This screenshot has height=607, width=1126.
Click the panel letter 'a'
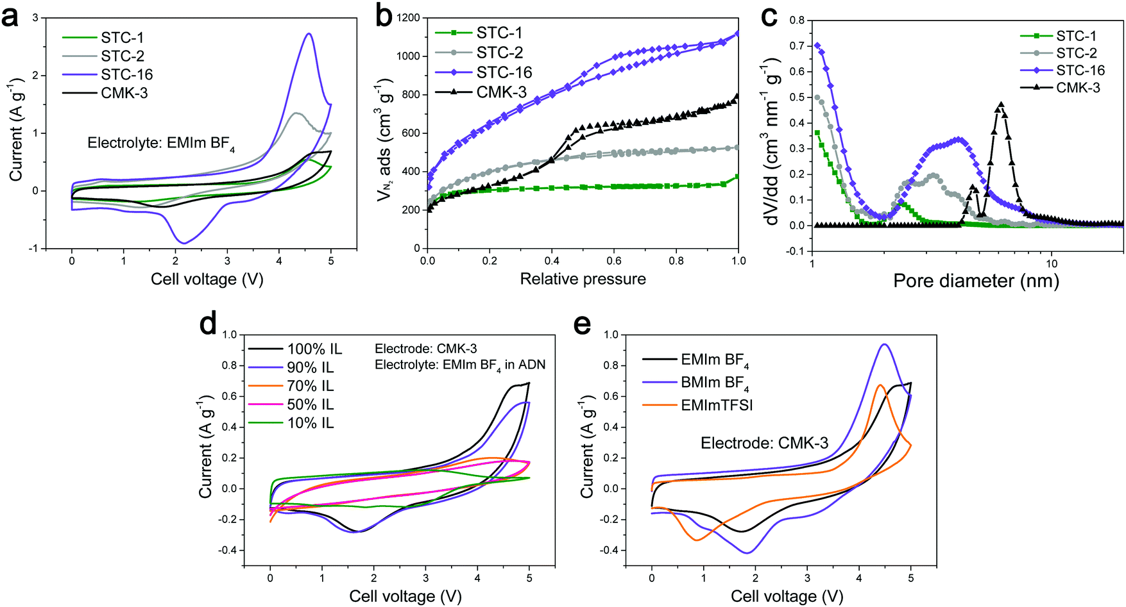click(11, 17)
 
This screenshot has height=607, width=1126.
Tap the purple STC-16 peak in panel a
click(309, 34)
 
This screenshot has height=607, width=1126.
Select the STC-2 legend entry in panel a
click(122, 56)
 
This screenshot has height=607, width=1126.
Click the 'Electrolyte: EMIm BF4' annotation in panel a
click(161, 144)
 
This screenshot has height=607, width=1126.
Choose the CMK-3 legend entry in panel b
click(500, 92)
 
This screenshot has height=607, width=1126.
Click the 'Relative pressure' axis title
click(583, 279)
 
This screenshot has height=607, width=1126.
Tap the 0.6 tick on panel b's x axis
click(614, 261)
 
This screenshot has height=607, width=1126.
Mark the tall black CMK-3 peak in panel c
click(1000, 104)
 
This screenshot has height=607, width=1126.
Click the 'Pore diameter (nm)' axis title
click(976, 281)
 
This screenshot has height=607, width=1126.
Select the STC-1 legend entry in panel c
click(1076, 36)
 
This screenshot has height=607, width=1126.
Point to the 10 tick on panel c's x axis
click(1052, 263)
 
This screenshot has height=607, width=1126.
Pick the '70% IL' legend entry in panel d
click(311, 386)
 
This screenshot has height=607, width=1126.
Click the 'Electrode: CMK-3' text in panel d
click(426, 349)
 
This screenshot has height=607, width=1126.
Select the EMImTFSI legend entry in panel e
click(717, 405)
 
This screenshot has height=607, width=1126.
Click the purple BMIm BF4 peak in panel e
click(885, 345)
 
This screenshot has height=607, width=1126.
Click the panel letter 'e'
click(581, 325)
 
